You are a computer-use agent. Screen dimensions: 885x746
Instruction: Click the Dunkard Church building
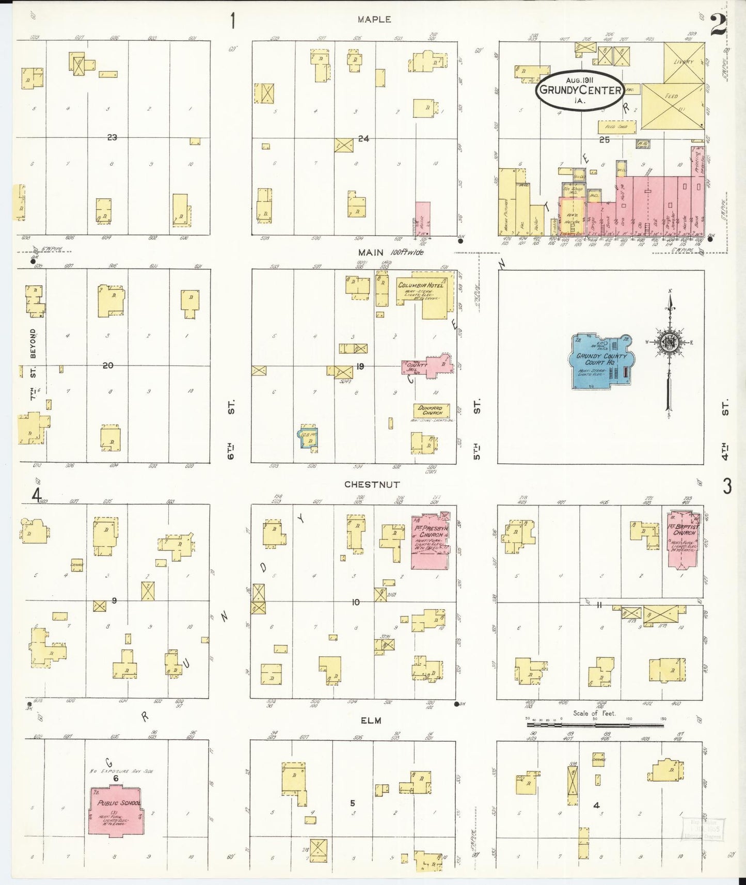pyautogui.click(x=431, y=410)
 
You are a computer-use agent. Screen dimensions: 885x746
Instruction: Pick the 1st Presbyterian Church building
pyautogui.click(x=430, y=541)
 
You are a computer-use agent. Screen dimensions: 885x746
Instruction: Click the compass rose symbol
pyautogui.click(x=670, y=342)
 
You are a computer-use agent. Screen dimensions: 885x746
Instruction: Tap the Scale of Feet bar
pyautogui.click(x=595, y=725)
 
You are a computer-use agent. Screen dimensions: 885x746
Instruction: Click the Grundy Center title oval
pyautogui.click(x=580, y=90)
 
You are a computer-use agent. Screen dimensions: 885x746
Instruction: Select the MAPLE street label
pyautogui.click(x=374, y=19)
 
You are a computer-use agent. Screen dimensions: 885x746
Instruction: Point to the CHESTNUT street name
pyautogui.click(x=372, y=484)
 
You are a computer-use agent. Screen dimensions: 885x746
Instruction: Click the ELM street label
pyautogui.click(x=371, y=720)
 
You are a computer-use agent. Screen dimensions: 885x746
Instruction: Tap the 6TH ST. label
pyautogui.click(x=231, y=429)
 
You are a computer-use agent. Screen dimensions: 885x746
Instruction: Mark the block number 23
pyautogui.click(x=112, y=137)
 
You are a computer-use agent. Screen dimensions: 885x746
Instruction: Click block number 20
pyautogui.click(x=107, y=365)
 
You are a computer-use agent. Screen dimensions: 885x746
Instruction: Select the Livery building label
pyautogui.click(x=684, y=62)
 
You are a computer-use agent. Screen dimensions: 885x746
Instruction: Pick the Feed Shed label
pyautogui.click(x=616, y=126)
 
